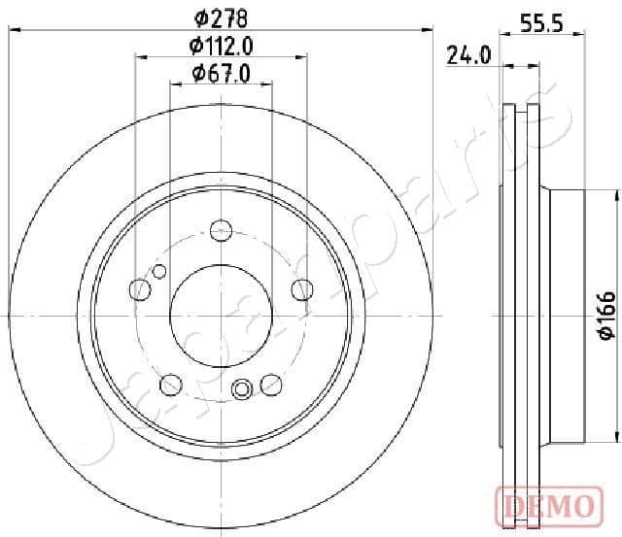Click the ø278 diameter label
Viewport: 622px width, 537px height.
click(x=221, y=17)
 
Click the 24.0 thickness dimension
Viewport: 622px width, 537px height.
click(x=467, y=55)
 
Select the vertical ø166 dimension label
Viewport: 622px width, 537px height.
click(x=605, y=317)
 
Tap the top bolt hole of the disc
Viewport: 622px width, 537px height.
click(x=221, y=231)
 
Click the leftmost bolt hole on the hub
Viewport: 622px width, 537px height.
click(x=140, y=289)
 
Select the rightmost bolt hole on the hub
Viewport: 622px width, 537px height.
click(x=302, y=289)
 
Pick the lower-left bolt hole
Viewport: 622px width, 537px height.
click(x=171, y=384)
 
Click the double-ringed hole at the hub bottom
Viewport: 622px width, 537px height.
click(x=242, y=389)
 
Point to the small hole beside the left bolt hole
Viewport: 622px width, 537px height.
click(x=160, y=271)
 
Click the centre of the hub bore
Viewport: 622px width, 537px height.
click(x=221, y=316)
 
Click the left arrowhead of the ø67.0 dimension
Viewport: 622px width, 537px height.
click(x=174, y=84)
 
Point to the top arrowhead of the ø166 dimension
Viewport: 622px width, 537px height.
click(x=616, y=197)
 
